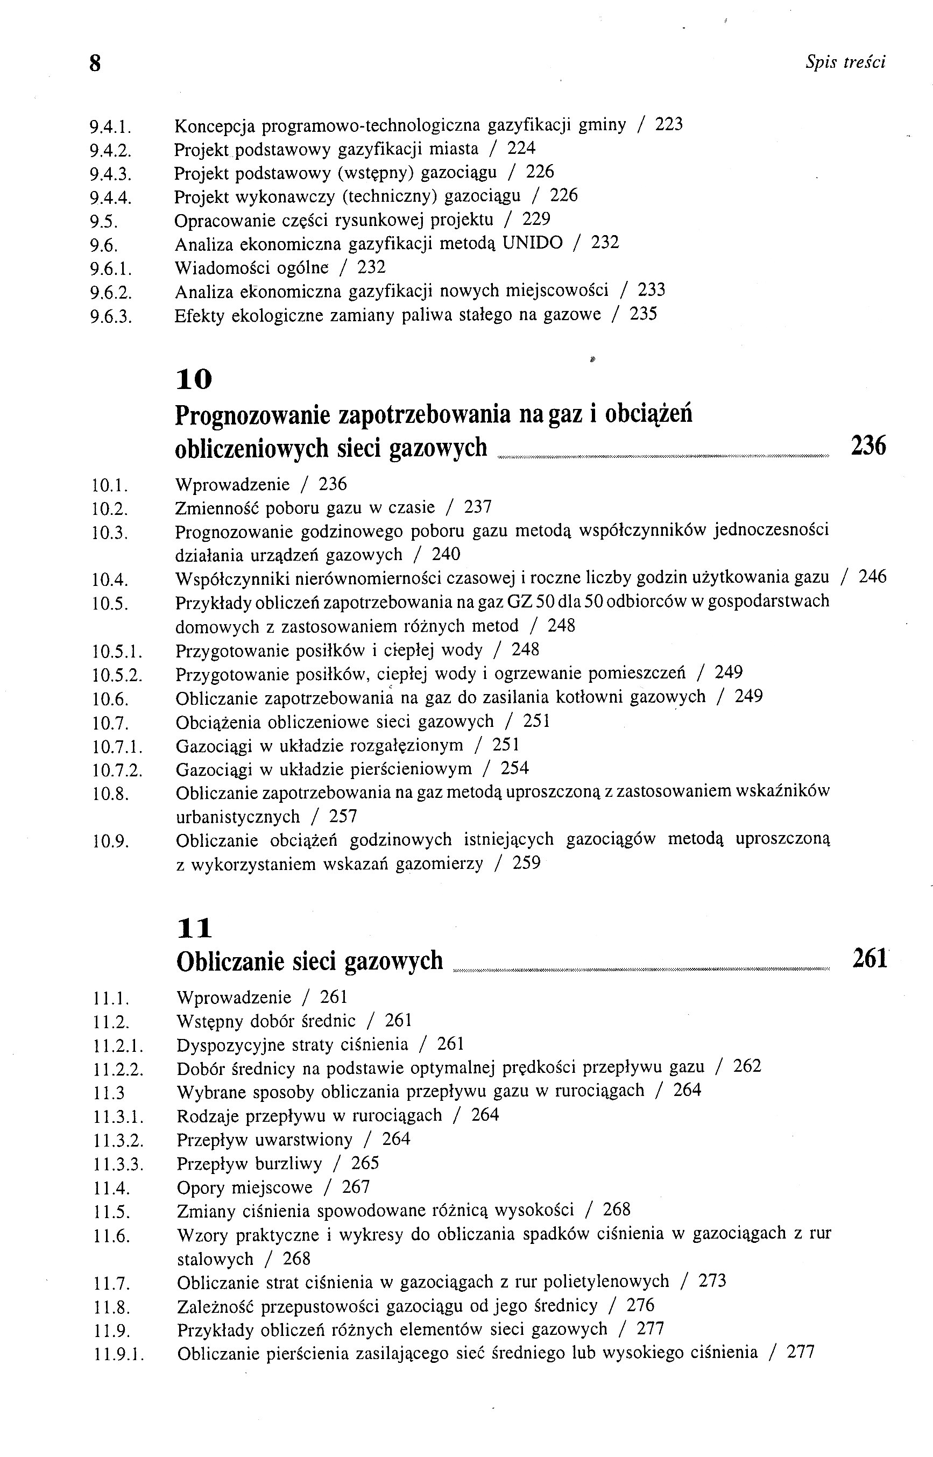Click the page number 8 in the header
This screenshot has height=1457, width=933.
95,63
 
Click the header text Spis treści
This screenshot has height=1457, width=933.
845,62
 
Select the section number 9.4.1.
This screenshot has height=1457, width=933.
110,126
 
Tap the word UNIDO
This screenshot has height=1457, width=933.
532,244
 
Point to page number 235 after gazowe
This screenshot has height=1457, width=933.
644,314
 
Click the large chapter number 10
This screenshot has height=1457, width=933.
194,380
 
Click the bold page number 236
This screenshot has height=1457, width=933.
868,445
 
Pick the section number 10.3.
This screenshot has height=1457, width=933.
110,533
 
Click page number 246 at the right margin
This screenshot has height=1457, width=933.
872,577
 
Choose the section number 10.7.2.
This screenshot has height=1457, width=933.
117,770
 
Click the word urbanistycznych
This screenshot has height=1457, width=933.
238,817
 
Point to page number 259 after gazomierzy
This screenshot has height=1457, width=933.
526,864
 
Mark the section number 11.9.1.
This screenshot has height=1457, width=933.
119,1353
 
